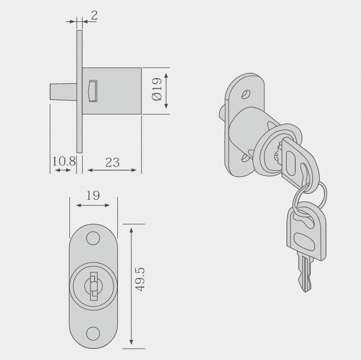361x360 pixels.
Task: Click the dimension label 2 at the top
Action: [x=94, y=16]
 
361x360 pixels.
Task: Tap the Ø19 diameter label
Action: [x=157, y=89]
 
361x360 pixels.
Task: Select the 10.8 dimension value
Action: [x=64, y=161]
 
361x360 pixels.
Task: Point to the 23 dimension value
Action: [x=112, y=162]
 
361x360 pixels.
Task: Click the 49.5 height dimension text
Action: [x=140, y=280]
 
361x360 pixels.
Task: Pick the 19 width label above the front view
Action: [x=93, y=195]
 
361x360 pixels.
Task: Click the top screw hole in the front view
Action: [x=93, y=238]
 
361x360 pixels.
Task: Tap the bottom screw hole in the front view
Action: [x=93, y=334]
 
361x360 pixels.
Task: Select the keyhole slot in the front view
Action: [x=93, y=286]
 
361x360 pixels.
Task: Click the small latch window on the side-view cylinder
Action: [x=93, y=91]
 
